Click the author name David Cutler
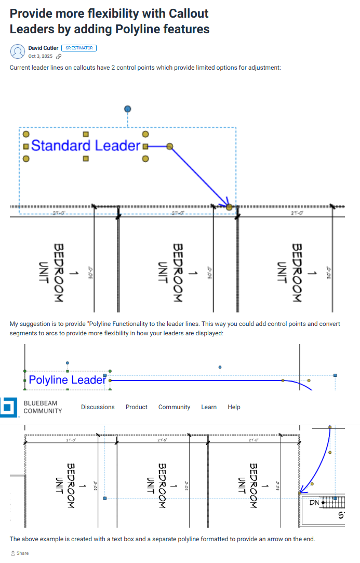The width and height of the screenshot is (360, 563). click(43, 48)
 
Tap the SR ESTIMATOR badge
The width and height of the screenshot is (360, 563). click(79, 48)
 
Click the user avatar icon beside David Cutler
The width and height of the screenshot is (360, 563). click(17, 51)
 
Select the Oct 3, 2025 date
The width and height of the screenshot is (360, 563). click(40, 56)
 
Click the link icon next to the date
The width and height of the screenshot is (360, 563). click(59, 56)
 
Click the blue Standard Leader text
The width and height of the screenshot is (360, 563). click(86, 146)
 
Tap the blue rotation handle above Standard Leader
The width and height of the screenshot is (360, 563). click(128, 109)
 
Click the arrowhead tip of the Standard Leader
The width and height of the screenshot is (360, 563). click(229, 207)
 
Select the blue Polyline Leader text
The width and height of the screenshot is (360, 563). click(68, 380)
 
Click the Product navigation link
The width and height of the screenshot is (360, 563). click(137, 407)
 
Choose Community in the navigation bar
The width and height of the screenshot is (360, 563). click(174, 407)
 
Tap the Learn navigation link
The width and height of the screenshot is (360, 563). click(209, 407)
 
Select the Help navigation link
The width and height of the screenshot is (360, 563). click(234, 407)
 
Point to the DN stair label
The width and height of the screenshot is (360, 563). click(314, 503)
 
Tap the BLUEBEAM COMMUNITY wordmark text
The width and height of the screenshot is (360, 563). click(43, 407)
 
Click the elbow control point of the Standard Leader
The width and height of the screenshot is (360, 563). click(169, 147)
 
